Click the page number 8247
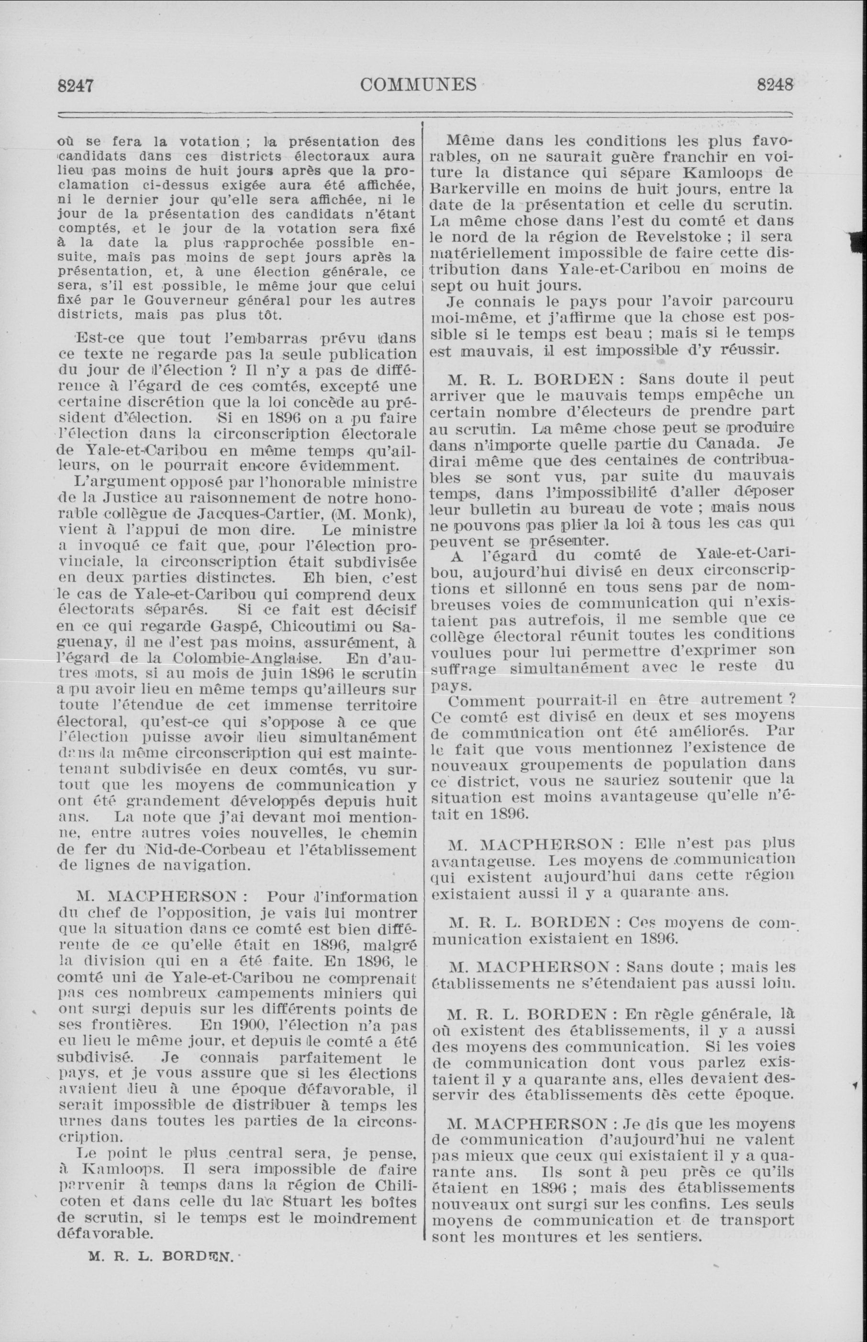click(x=75, y=86)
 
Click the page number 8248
click(x=775, y=85)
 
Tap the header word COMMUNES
click(x=418, y=85)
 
